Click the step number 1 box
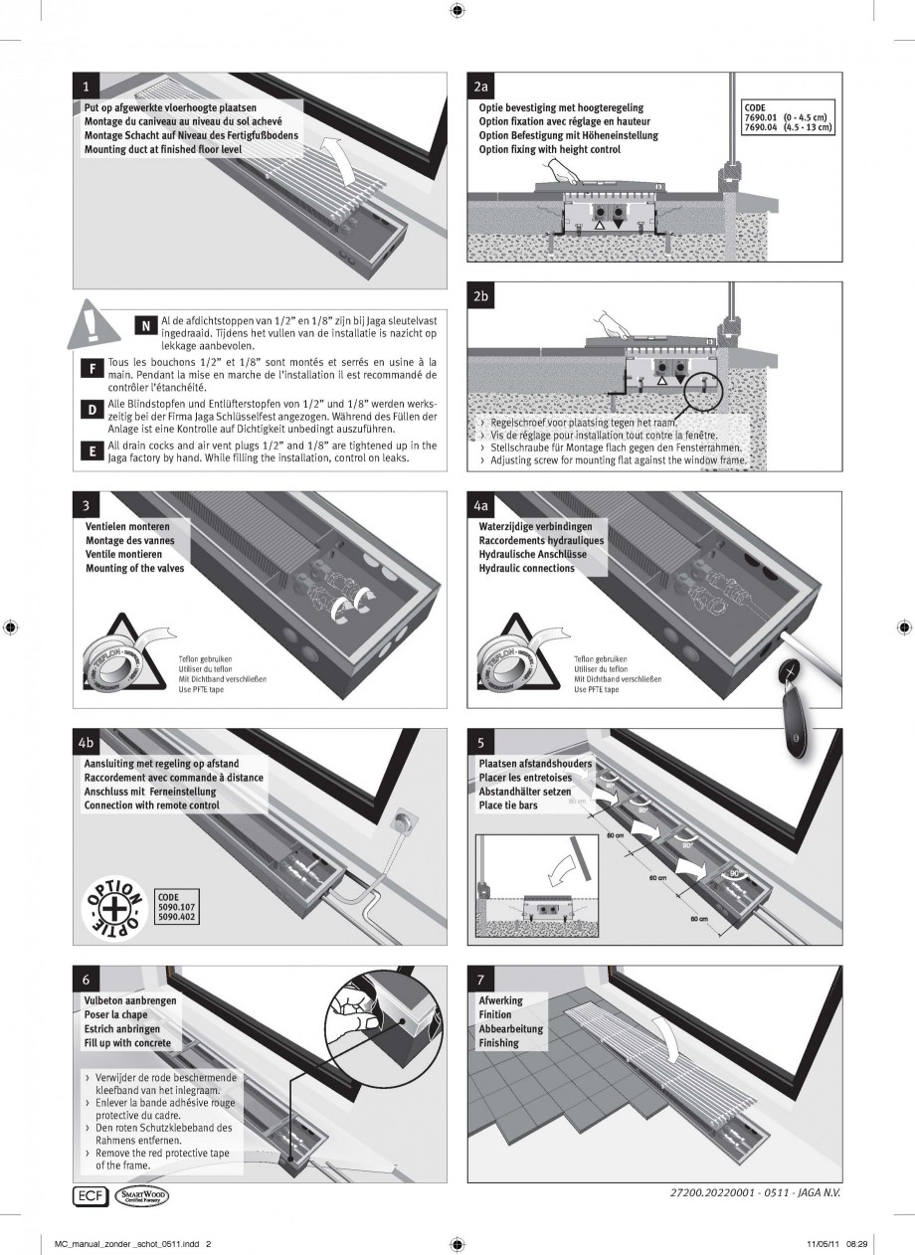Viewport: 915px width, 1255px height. coord(89,88)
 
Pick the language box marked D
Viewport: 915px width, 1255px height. coord(91,410)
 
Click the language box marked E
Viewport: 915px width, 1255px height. coord(91,450)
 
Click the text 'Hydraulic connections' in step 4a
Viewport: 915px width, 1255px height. coord(526,569)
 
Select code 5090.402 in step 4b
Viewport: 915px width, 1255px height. coord(176,918)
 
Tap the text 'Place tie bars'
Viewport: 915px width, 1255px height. coord(507,806)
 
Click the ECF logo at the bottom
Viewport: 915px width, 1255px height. coord(90,1194)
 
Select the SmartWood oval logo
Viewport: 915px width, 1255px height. coord(143,1194)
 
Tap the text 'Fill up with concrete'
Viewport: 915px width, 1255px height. coord(127,1043)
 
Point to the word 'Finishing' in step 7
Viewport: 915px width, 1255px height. coord(498,1043)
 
